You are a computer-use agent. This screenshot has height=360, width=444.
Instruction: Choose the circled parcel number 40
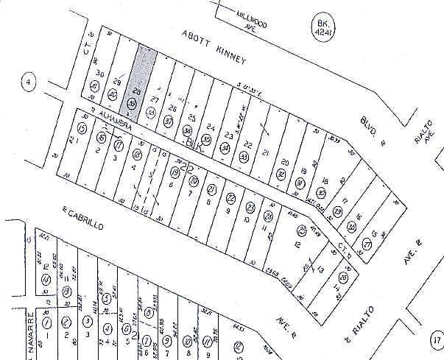(x=113, y=96)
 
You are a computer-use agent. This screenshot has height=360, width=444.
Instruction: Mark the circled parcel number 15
(x=82, y=130)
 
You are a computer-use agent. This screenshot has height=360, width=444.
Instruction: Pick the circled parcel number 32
(x=281, y=174)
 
